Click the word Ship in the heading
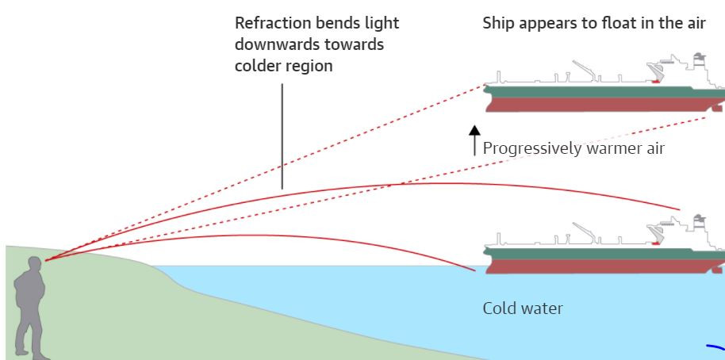pos(500,23)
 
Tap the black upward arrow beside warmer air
pos(474,139)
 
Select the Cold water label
pos(523,308)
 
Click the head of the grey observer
pos(34,264)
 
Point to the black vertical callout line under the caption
pos(282,135)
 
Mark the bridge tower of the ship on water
pos(699,226)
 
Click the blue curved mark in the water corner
pos(716,346)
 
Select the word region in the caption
pos(311,66)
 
